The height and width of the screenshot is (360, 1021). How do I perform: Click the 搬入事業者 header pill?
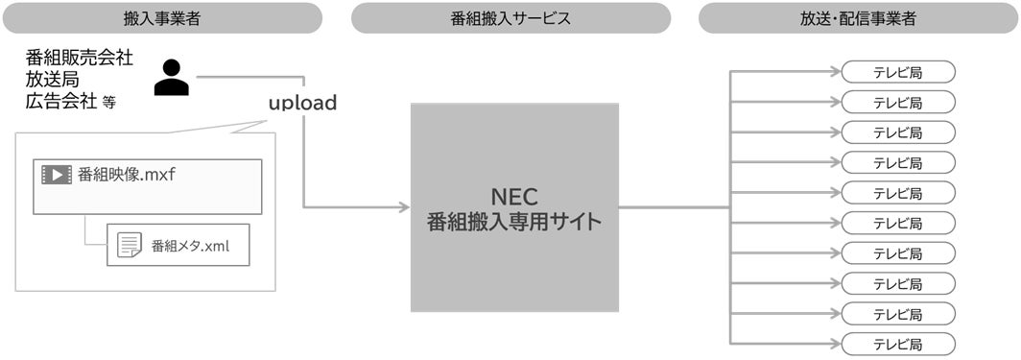coord(161,18)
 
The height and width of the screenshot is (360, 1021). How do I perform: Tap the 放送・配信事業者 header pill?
coord(858,18)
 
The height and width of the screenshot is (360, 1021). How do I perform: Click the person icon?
coord(172,78)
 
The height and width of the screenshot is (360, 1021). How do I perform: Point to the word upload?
coord(302,103)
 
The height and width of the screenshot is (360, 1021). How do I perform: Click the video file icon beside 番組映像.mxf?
coord(57,175)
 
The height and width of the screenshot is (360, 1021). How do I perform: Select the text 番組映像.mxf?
coord(127,175)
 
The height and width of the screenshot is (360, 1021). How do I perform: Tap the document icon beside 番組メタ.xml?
coord(130,245)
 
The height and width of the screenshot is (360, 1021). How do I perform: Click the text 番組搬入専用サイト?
coord(514,222)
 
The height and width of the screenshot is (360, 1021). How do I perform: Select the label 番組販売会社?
coord(80,59)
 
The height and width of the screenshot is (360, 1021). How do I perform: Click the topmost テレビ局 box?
coord(898,72)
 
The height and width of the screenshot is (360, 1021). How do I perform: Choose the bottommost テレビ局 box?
coord(898,344)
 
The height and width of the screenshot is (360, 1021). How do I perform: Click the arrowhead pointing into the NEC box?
coord(403,206)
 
